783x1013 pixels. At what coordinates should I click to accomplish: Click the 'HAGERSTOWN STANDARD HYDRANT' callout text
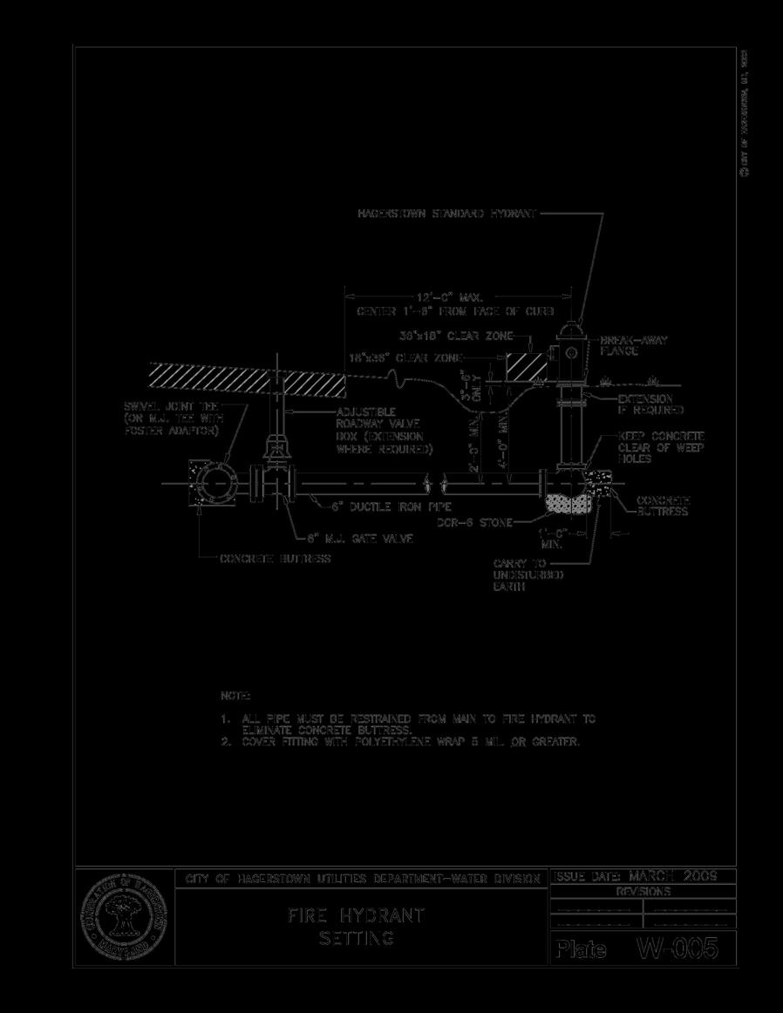point(447,213)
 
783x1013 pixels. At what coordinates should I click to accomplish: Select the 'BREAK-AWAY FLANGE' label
point(633,345)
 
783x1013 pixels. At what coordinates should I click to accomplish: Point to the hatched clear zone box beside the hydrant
point(522,365)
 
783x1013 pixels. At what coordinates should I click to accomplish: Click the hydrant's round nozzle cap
point(572,352)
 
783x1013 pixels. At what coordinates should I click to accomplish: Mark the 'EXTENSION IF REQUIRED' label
point(650,404)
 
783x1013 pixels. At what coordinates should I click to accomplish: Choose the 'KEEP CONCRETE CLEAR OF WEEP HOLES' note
point(661,446)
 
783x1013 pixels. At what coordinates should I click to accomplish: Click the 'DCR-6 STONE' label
point(473,522)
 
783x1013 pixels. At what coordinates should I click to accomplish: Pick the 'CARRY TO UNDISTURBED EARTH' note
point(528,575)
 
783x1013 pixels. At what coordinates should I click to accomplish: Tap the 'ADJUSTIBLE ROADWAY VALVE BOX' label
point(384,430)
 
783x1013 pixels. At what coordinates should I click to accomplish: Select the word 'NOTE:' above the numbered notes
point(235,696)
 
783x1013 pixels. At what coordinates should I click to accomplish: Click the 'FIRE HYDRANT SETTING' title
point(357,927)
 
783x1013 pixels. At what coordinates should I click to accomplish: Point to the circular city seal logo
point(124,917)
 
